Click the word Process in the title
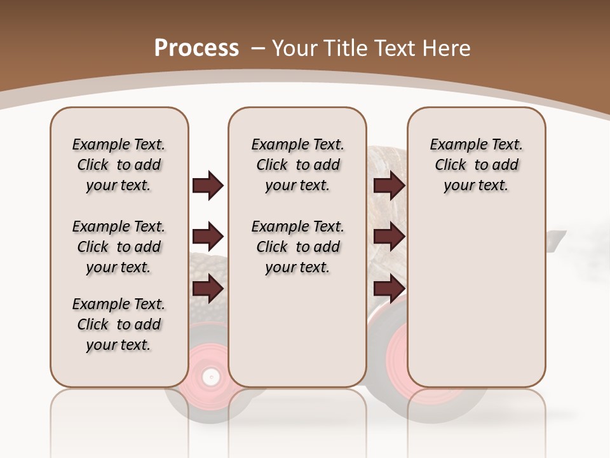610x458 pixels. pyautogui.click(x=197, y=48)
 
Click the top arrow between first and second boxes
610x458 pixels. pyautogui.click(x=208, y=186)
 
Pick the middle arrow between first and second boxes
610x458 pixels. pyautogui.click(x=208, y=237)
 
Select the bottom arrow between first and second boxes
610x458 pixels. pyautogui.click(x=208, y=289)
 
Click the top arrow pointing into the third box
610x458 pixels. pyautogui.click(x=389, y=186)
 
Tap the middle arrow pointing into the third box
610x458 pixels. pyautogui.click(x=389, y=237)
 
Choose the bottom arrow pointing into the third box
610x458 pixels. pyautogui.click(x=389, y=289)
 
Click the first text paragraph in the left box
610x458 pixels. pyautogui.click(x=119, y=165)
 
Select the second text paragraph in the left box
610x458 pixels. pyautogui.click(x=119, y=247)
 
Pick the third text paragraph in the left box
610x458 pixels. pyautogui.click(x=119, y=324)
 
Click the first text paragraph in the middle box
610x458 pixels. pyautogui.click(x=297, y=165)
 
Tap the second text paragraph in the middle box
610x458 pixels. pyautogui.click(x=297, y=247)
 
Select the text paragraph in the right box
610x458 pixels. pyautogui.click(x=476, y=165)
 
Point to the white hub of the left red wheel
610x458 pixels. pyautogui.click(x=210, y=377)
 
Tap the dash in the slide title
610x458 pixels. pyautogui.click(x=259, y=48)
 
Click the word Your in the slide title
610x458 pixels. pyautogui.click(x=295, y=48)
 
